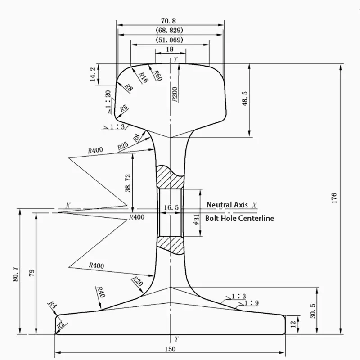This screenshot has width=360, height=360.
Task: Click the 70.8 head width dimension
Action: click(x=170, y=21)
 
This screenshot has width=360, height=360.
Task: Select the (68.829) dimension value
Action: click(x=170, y=31)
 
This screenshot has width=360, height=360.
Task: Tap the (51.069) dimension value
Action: click(x=170, y=40)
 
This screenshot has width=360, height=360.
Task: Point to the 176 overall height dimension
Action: click(x=333, y=198)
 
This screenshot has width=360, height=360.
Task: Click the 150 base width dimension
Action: click(x=170, y=349)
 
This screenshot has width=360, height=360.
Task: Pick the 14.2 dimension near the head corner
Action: click(x=93, y=74)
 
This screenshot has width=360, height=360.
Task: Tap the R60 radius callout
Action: click(x=157, y=75)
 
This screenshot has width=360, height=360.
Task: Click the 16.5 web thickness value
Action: click(x=171, y=207)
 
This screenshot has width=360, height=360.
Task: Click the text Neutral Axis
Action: click(x=227, y=205)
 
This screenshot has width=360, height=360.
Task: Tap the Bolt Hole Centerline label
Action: click(x=239, y=218)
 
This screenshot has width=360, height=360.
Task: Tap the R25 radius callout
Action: click(x=123, y=146)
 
